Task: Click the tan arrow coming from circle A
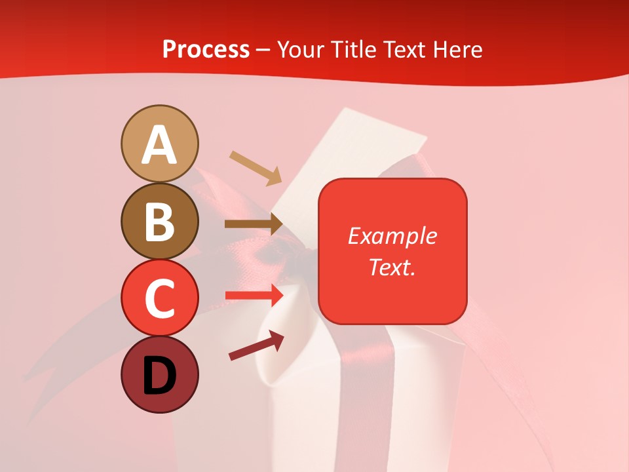coord(256,168)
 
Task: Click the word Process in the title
coord(206,49)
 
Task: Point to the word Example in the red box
coord(392,236)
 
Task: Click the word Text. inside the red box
coord(392,267)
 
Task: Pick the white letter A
coord(160,146)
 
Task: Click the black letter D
coord(160,375)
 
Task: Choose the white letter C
coord(160,298)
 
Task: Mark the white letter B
coord(160,222)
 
